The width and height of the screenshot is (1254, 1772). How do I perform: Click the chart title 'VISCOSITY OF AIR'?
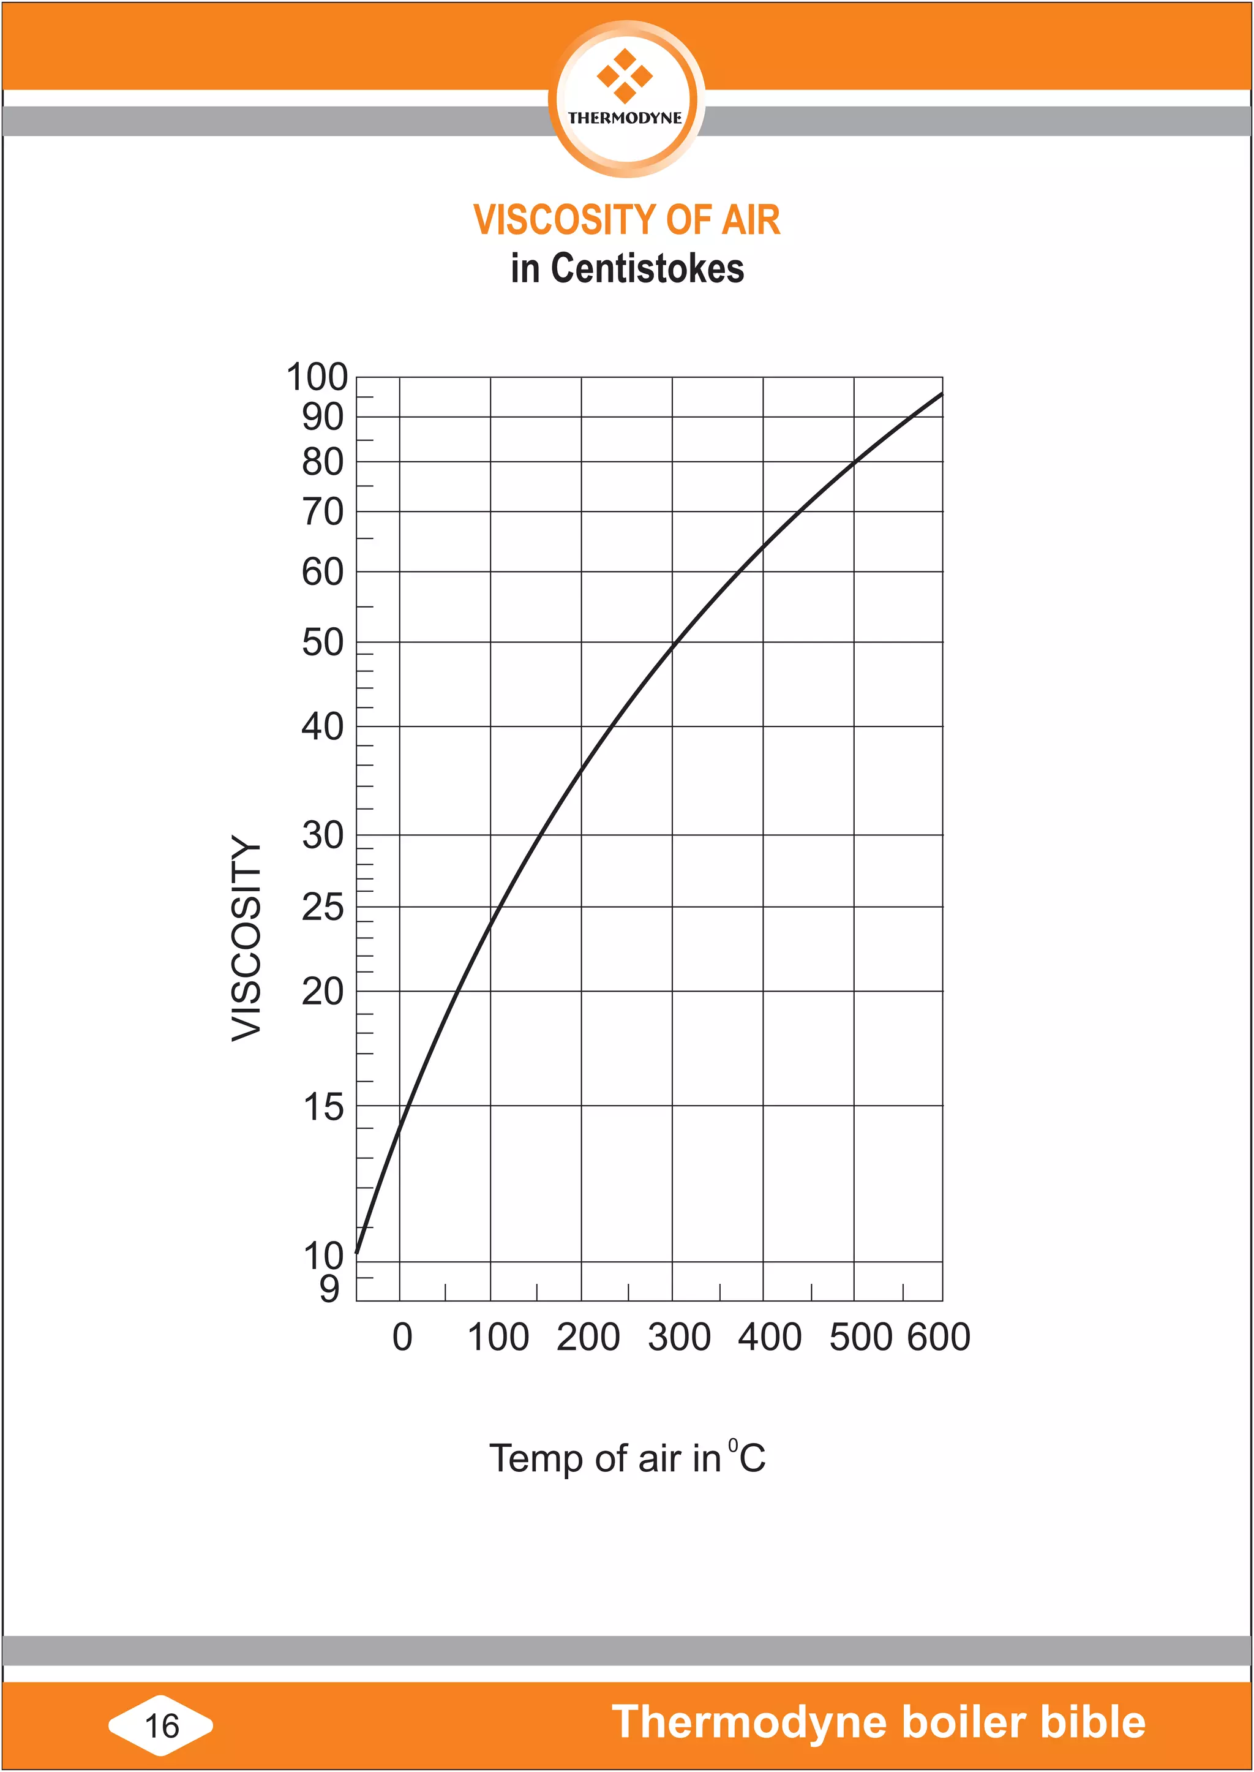click(626, 219)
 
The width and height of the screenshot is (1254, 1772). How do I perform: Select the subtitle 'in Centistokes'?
click(627, 269)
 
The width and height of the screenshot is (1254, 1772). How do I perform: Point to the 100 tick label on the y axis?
click(317, 378)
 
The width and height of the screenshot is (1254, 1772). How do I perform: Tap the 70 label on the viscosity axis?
click(323, 511)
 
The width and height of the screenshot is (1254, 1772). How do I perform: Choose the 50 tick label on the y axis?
click(323, 642)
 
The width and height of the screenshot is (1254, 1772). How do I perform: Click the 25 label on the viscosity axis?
click(323, 907)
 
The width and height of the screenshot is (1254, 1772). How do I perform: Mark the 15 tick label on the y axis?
click(323, 1107)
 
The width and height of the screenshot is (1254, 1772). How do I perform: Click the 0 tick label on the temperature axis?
click(402, 1337)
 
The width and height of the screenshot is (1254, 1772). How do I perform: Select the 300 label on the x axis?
click(678, 1337)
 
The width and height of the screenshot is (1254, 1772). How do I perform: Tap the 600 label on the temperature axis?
click(938, 1337)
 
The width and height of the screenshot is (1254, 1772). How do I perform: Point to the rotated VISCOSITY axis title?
click(247, 938)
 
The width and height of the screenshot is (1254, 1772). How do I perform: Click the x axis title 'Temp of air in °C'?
click(627, 1458)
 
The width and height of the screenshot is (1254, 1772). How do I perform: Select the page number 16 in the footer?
click(162, 1725)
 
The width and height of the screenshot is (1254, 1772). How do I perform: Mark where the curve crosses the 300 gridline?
click(672, 644)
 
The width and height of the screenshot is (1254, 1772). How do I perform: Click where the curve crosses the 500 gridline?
click(854, 462)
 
